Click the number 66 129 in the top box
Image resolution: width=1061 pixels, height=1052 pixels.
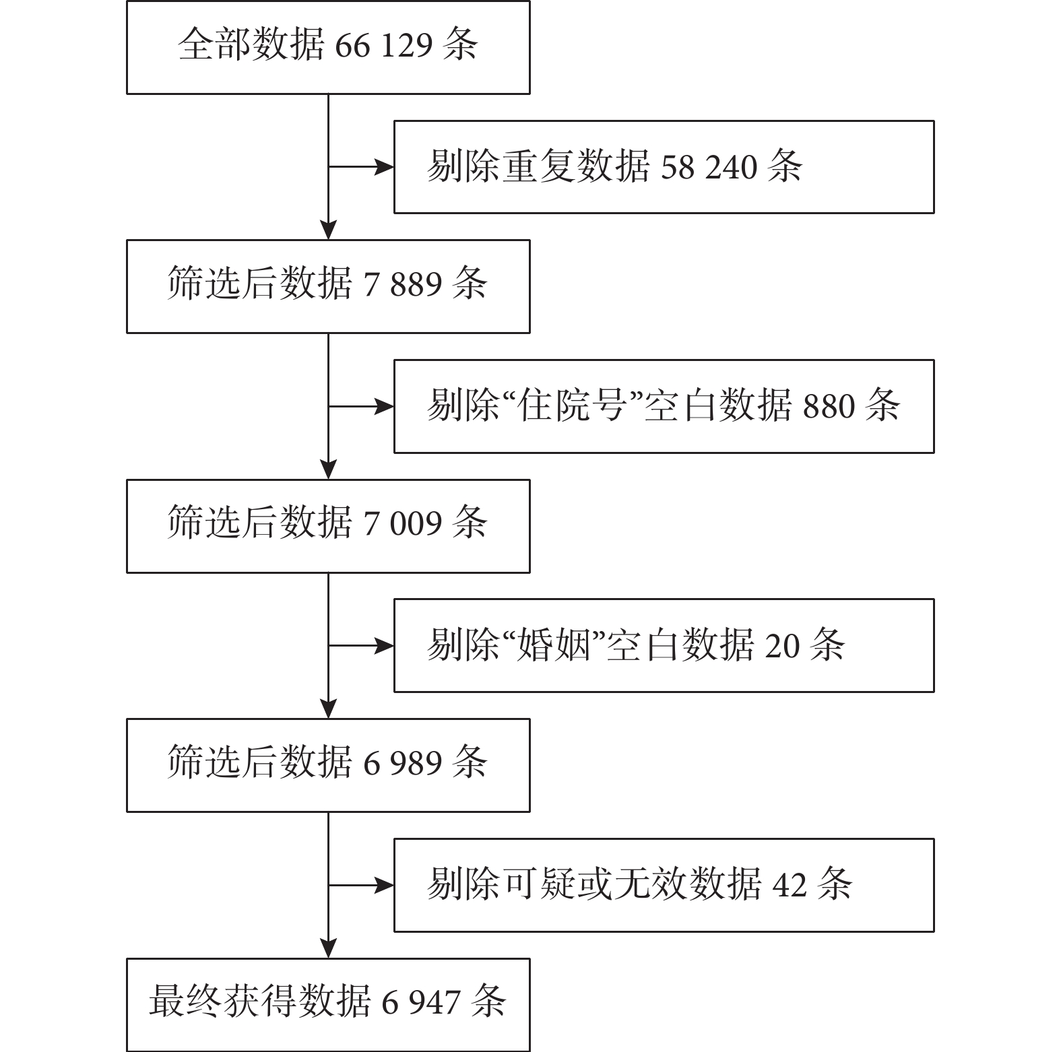click(383, 46)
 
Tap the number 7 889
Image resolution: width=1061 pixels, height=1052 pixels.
click(402, 284)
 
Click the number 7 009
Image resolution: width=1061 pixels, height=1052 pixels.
click(402, 523)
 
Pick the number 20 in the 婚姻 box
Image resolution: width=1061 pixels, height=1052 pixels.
click(782, 645)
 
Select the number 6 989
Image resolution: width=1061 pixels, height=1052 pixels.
click(402, 762)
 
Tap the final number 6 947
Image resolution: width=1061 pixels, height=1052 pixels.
click(421, 1002)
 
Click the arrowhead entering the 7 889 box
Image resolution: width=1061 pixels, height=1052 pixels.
click(328, 230)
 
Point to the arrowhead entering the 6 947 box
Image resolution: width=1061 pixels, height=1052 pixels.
click(328, 949)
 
